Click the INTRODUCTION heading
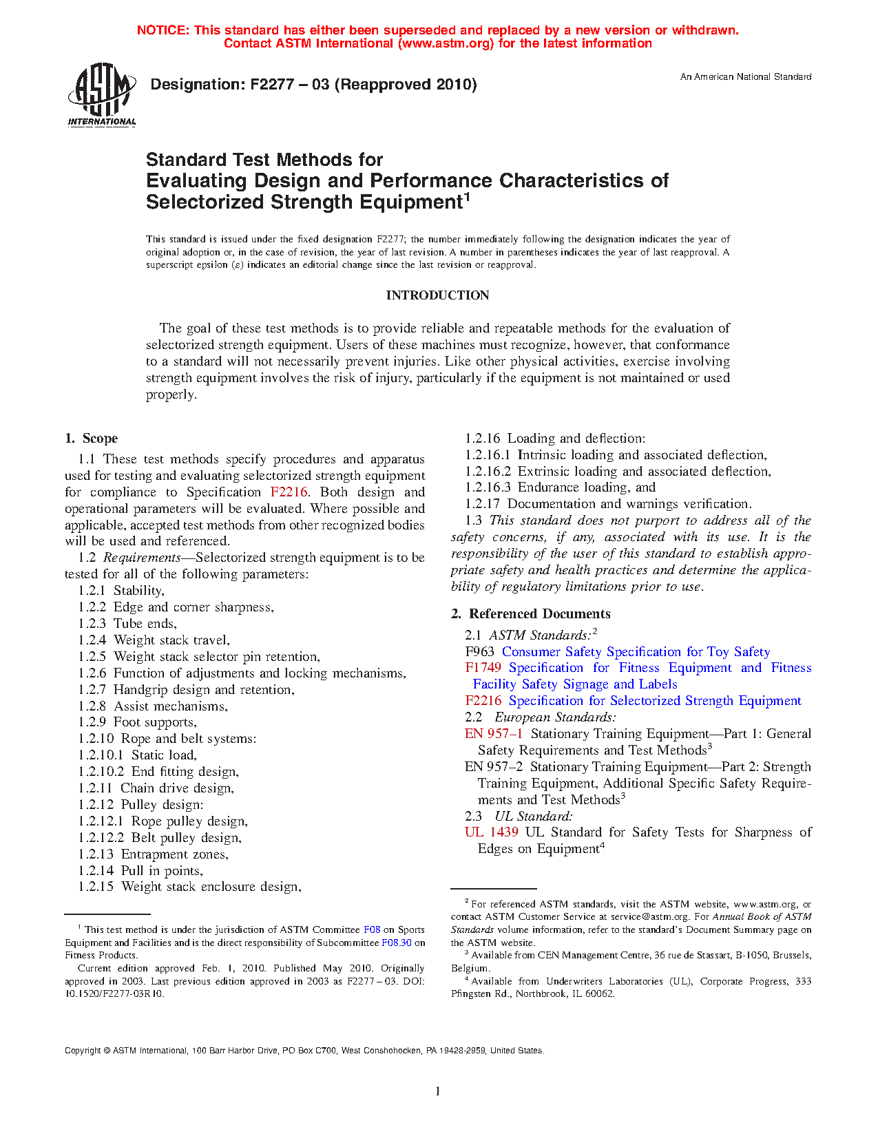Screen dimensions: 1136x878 click(437, 295)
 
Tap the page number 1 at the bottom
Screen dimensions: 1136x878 click(438, 1091)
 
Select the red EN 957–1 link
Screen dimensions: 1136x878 click(493, 734)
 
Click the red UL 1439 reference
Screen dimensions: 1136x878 click(491, 832)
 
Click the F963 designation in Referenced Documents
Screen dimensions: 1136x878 click(479, 652)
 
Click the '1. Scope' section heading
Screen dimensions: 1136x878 click(91, 439)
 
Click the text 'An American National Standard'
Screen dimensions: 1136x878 click(746, 77)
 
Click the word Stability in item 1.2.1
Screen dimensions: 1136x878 click(138, 591)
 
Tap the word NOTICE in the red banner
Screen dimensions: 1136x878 click(163, 30)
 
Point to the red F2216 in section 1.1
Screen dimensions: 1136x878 click(289, 492)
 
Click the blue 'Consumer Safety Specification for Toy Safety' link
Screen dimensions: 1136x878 click(636, 652)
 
